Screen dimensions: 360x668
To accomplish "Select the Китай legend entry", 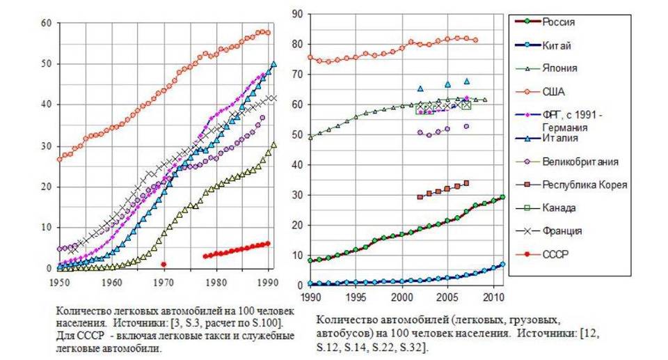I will (557, 45).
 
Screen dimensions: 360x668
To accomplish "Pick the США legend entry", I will (554, 91).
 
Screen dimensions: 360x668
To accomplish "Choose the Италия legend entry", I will (560, 139).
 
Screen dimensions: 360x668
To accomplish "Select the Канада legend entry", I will (559, 208).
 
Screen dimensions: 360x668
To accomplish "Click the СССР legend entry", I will (555, 253).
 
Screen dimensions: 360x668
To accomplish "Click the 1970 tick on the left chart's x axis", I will (163, 283).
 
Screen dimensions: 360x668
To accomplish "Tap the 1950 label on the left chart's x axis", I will (59, 283).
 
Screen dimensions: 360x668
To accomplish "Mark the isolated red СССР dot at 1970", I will (164, 264).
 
